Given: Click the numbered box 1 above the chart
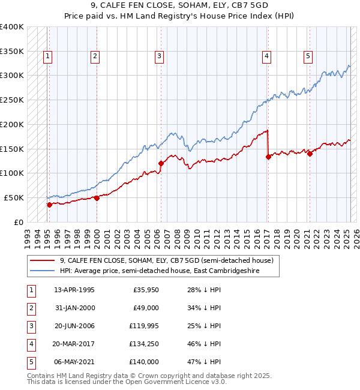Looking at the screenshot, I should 47,56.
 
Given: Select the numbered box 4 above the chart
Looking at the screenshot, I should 266,56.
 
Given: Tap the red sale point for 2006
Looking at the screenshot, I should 161,163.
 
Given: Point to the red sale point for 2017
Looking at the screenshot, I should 268,157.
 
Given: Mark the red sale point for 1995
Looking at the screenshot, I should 50,205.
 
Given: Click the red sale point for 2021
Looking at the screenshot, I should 310,154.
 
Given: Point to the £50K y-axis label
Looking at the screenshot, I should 14,197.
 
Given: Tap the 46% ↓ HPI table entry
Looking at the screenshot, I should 202,344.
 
